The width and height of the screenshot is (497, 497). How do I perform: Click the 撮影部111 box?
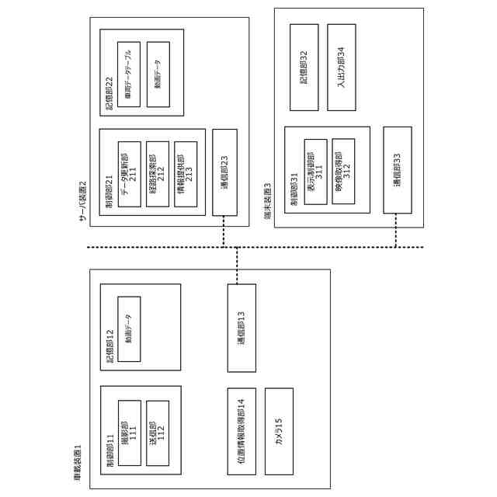pyautogui.click(x=129, y=432)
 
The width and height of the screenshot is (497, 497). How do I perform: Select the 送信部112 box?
pyautogui.click(x=158, y=432)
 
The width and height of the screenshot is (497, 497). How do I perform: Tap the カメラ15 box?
pyautogui.click(x=279, y=432)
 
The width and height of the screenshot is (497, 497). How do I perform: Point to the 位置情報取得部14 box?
pyautogui.click(x=241, y=432)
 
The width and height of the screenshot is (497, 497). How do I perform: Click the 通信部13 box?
pyautogui.click(x=241, y=327)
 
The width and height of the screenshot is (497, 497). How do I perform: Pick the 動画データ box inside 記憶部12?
pyautogui.click(x=129, y=328)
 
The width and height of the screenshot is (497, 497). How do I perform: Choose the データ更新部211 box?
pyautogui.click(x=129, y=174)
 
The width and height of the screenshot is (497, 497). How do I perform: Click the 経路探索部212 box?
pyautogui.click(x=158, y=174)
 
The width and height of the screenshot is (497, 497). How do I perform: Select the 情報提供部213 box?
pyautogui.click(x=186, y=174)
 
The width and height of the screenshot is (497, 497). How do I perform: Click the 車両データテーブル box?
pyautogui.click(x=129, y=75)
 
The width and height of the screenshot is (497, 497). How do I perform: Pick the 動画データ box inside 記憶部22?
pyautogui.click(x=158, y=75)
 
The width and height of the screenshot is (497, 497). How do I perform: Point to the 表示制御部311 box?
pyautogui.click(x=315, y=172)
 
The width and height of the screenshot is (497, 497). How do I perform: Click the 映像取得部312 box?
pyautogui.click(x=343, y=172)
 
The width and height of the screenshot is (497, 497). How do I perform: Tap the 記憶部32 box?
pyautogui.click(x=304, y=67)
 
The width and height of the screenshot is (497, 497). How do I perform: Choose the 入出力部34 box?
pyautogui.click(x=342, y=67)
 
